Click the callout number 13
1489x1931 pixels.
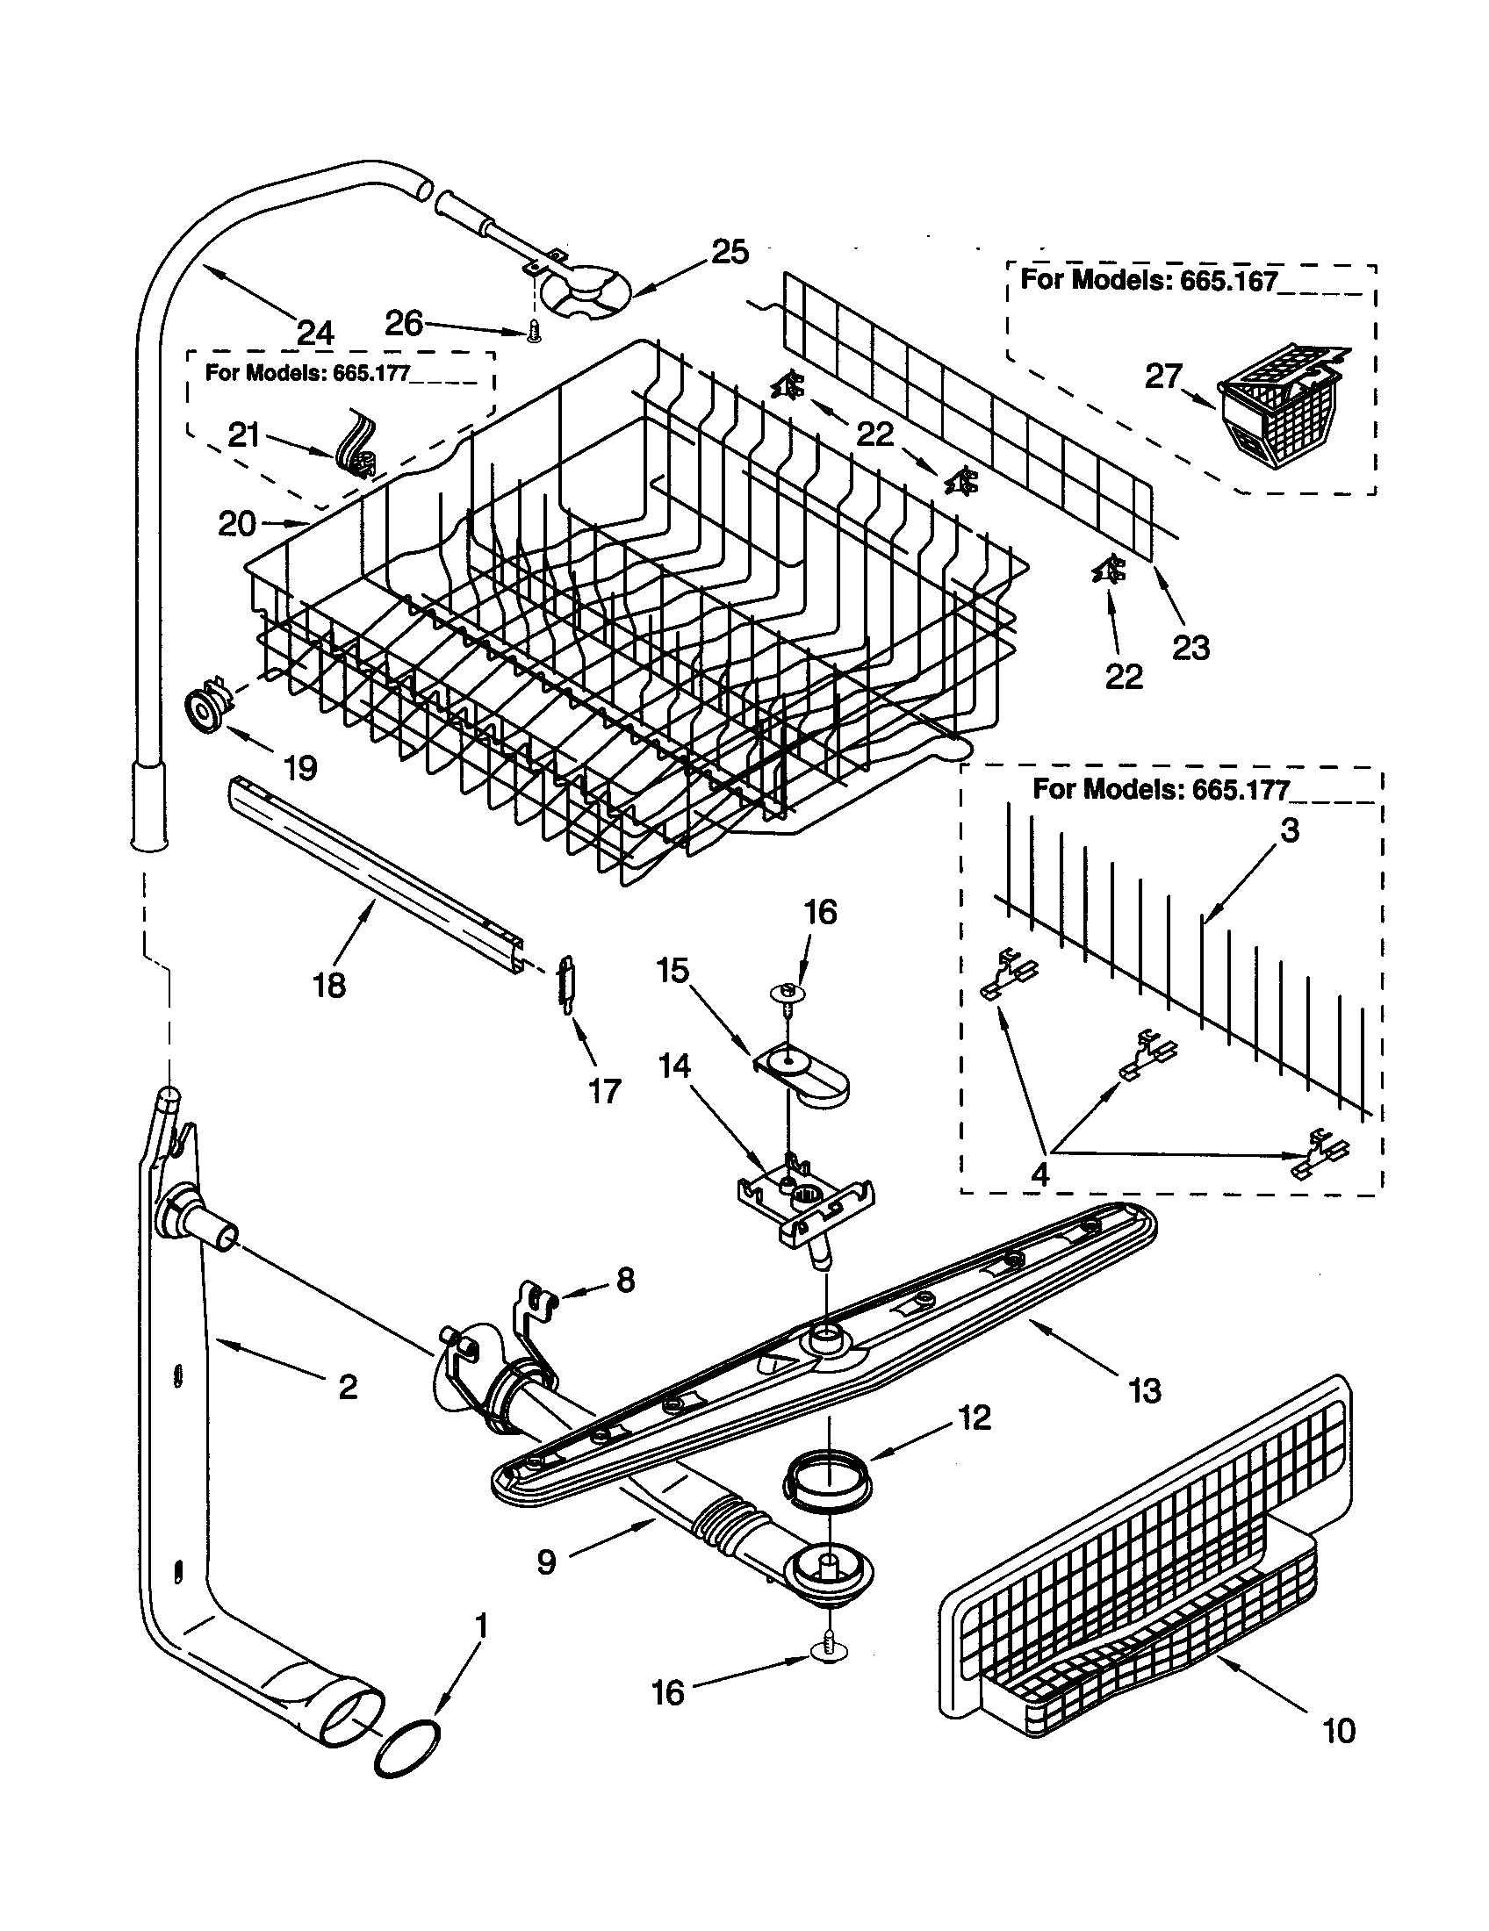pos(1145,1391)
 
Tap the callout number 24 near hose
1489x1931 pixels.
pos(315,333)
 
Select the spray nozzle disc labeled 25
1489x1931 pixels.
pos(586,293)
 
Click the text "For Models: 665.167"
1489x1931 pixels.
pos(1148,281)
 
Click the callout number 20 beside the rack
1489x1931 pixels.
pos(237,523)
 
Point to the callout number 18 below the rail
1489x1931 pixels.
pos(329,984)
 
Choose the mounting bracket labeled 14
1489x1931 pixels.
pos(802,1200)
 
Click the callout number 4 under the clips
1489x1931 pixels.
pos(1039,1175)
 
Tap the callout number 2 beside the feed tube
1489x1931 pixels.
pos(348,1386)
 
